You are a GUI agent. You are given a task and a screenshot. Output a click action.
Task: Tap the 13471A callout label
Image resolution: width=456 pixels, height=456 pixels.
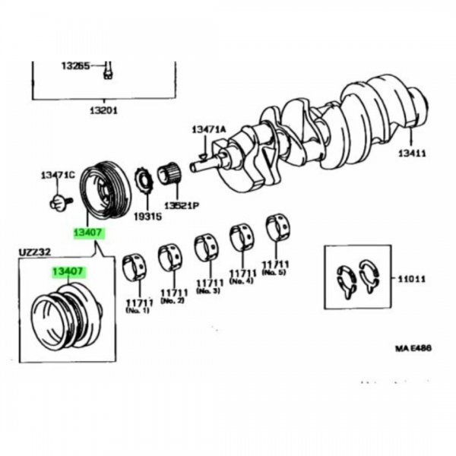click(208, 129)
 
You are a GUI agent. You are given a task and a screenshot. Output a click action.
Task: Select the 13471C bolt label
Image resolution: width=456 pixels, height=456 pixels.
click(58, 176)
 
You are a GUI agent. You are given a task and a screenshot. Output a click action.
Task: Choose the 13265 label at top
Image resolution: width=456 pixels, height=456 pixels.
click(77, 65)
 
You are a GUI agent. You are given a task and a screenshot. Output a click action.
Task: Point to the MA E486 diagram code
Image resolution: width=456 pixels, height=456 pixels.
click(413, 349)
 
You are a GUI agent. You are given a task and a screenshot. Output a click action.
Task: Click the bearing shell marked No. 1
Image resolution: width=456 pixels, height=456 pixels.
click(135, 267)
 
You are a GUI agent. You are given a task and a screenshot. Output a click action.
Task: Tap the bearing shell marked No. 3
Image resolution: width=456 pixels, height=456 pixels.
click(206, 247)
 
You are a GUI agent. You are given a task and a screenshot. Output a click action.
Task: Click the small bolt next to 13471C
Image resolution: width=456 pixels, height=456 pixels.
click(59, 201)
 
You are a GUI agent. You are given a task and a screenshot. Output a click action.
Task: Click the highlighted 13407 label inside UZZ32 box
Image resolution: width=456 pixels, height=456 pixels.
click(68, 271)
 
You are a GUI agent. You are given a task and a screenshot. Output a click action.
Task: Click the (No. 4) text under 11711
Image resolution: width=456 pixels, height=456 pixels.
click(241, 281)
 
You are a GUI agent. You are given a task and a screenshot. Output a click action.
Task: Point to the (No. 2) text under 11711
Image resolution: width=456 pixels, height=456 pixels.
click(173, 302)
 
